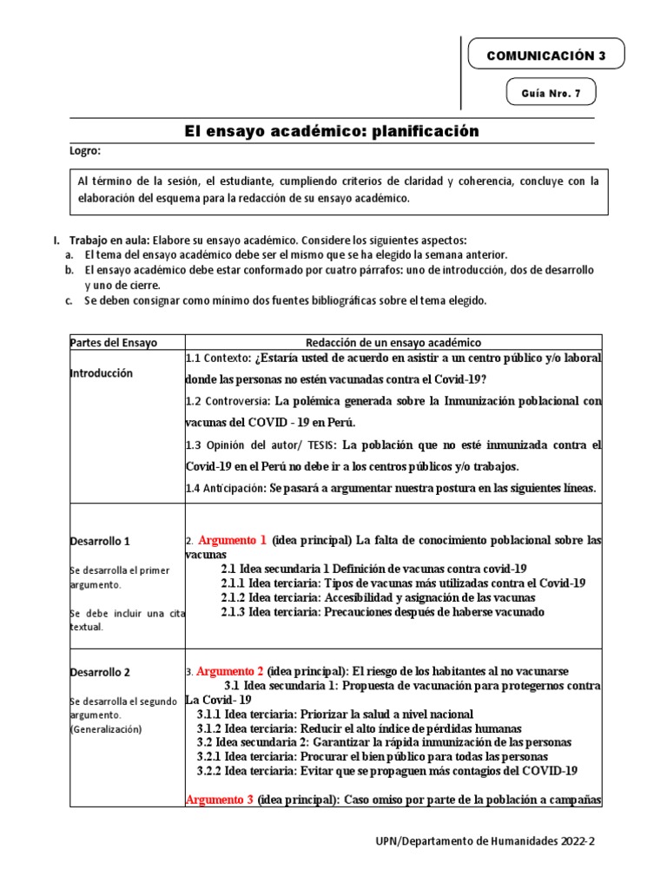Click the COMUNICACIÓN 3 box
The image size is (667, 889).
tap(545, 55)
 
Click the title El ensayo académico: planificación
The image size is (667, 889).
tap(332, 131)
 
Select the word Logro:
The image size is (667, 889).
tap(85, 151)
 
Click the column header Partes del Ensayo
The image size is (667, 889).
tap(114, 343)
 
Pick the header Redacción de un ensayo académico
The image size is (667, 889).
tap(393, 343)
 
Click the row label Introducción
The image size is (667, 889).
tap(102, 373)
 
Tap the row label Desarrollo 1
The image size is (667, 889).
tap(100, 541)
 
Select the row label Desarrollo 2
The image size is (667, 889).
tap(100, 672)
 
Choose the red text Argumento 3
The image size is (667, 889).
tap(219, 799)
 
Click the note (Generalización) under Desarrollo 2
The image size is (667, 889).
tap(105, 730)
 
